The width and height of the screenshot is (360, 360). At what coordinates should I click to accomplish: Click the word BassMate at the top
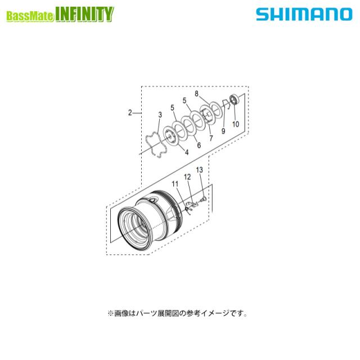tap(30, 16)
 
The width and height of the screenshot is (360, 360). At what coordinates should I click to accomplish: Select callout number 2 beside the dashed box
tap(130, 112)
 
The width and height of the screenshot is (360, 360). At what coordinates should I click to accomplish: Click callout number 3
tap(160, 115)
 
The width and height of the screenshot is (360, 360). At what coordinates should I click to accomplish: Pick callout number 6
tap(198, 145)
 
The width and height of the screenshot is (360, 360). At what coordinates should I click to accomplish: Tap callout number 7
tap(210, 138)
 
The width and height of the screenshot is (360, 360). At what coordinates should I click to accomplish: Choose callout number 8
tap(197, 93)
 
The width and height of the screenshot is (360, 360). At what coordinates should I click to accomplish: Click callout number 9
tap(223, 131)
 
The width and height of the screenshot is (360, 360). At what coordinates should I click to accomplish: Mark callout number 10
tap(236, 124)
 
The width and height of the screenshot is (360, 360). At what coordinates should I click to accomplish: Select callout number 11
tap(175, 184)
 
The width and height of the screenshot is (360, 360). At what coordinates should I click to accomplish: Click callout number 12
tap(188, 177)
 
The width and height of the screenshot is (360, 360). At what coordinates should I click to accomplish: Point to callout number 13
tap(199, 169)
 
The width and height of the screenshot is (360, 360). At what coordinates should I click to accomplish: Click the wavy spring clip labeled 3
tap(153, 144)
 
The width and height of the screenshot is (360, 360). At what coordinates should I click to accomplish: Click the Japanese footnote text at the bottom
tap(174, 313)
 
